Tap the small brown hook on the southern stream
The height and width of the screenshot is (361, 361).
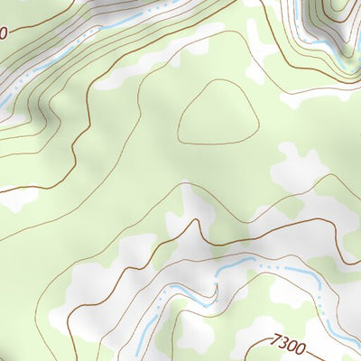click(x=216, y=291)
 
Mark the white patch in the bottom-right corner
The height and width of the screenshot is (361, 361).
click(x=338, y=338)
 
